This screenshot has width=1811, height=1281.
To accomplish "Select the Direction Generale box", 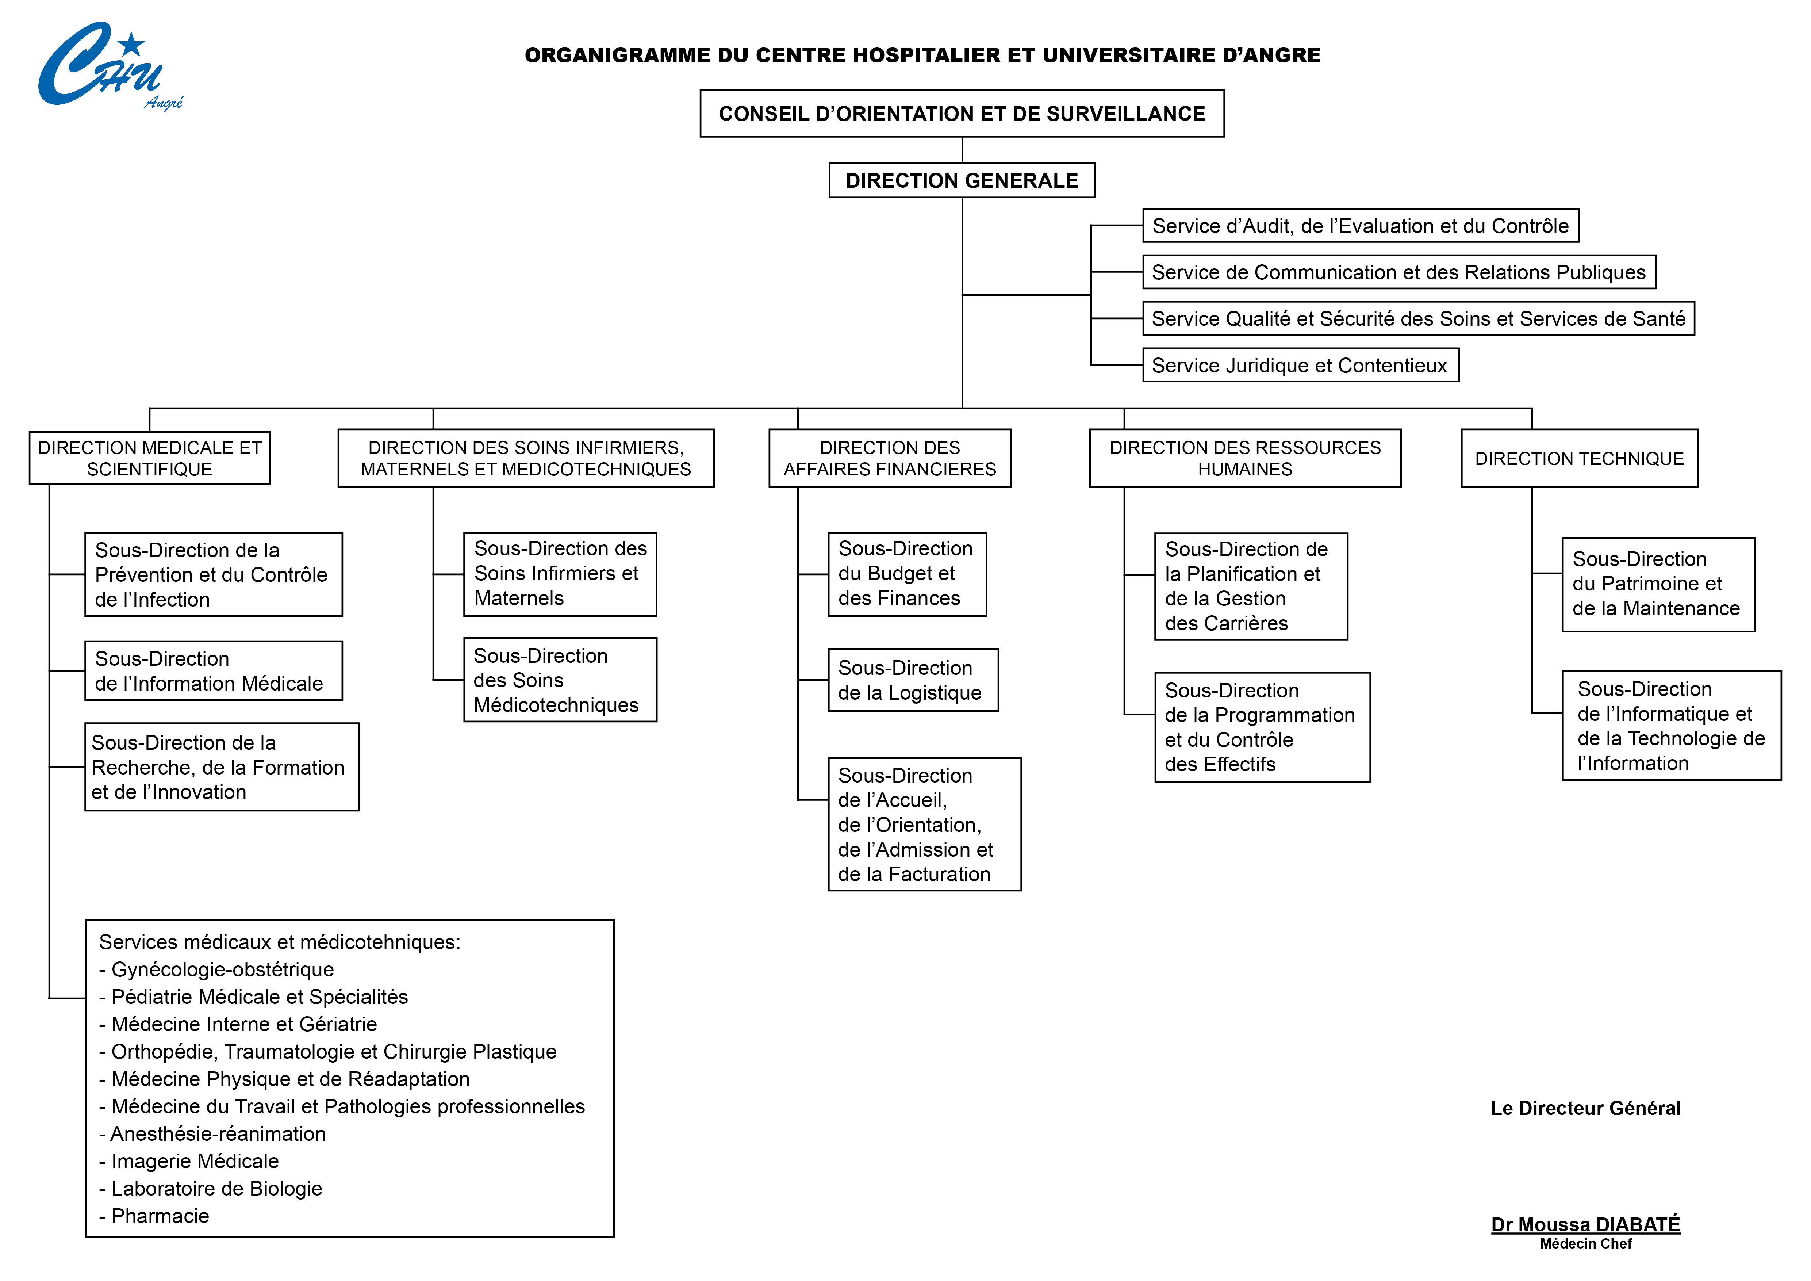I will click(x=962, y=181).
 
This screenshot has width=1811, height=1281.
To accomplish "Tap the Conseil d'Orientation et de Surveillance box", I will click(x=962, y=114).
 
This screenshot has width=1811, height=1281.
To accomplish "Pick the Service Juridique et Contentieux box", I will click(x=1300, y=365).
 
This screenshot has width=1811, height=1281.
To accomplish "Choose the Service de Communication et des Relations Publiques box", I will click(x=1398, y=272).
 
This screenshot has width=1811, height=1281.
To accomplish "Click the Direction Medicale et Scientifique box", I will click(x=150, y=458).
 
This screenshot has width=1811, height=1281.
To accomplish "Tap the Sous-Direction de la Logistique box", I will click(x=913, y=680).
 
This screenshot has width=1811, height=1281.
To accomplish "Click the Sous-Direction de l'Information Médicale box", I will click(x=213, y=670).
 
